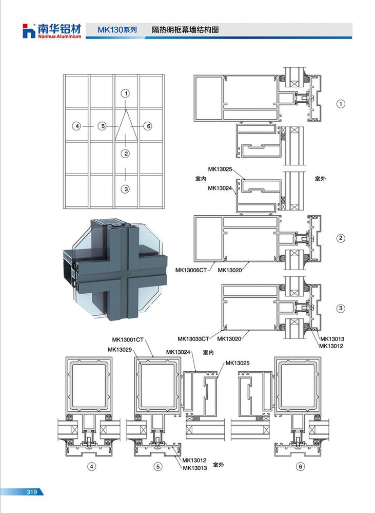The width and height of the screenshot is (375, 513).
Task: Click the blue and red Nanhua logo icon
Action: click(x=29, y=31)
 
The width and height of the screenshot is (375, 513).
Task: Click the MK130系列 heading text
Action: click(x=117, y=30)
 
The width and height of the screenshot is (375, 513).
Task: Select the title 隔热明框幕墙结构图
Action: click(x=185, y=30)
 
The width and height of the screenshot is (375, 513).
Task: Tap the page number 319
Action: click(x=32, y=492)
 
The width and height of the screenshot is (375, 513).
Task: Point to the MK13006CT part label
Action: click(x=191, y=270)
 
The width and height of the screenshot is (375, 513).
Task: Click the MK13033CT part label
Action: click(x=193, y=339)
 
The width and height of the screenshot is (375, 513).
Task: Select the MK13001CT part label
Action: click(x=128, y=339)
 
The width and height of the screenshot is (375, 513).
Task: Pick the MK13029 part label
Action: click(x=120, y=350)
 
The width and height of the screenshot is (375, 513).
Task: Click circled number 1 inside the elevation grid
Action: click(x=126, y=93)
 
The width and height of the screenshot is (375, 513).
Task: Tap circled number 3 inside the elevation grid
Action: click(x=126, y=189)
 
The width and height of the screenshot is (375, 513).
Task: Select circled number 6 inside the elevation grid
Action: click(x=148, y=126)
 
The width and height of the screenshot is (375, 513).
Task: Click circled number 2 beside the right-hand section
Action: click(x=341, y=238)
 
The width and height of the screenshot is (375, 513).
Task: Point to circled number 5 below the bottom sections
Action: click(x=158, y=467)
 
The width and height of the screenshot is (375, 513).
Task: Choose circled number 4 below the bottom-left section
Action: click(x=91, y=467)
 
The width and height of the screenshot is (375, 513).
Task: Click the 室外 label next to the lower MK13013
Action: click(x=219, y=465)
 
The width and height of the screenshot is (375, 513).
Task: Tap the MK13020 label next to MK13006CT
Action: click(x=230, y=270)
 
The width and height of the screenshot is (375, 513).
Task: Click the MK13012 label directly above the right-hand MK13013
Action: click(x=332, y=339)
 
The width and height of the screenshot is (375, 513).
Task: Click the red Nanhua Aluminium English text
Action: click(x=60, y=36)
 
